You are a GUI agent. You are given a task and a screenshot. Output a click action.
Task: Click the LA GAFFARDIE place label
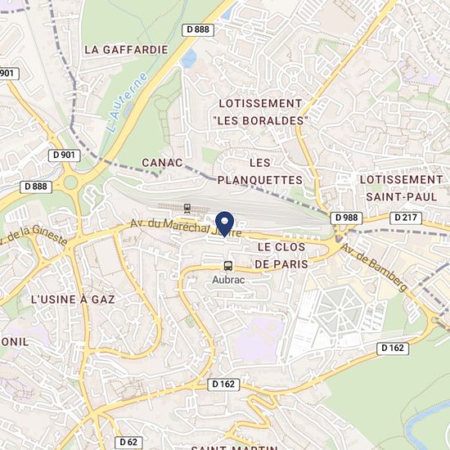(126, 49)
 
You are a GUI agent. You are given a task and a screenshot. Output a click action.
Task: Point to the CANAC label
(161, 163)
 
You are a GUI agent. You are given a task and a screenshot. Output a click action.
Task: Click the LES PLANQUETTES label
(259, 171)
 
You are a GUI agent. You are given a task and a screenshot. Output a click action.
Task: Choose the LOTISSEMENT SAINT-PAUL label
(401, 187)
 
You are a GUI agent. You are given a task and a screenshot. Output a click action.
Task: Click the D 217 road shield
(405, 218)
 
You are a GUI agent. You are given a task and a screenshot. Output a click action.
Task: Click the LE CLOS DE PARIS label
(286, 254)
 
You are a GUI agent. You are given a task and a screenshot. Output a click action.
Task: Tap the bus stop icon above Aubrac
(227, 266)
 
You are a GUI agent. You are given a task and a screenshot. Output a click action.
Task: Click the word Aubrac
(227, 280)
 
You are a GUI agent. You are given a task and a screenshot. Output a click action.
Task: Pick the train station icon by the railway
(187, 208)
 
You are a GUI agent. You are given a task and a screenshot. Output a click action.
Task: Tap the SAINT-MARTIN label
(234, 447)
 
